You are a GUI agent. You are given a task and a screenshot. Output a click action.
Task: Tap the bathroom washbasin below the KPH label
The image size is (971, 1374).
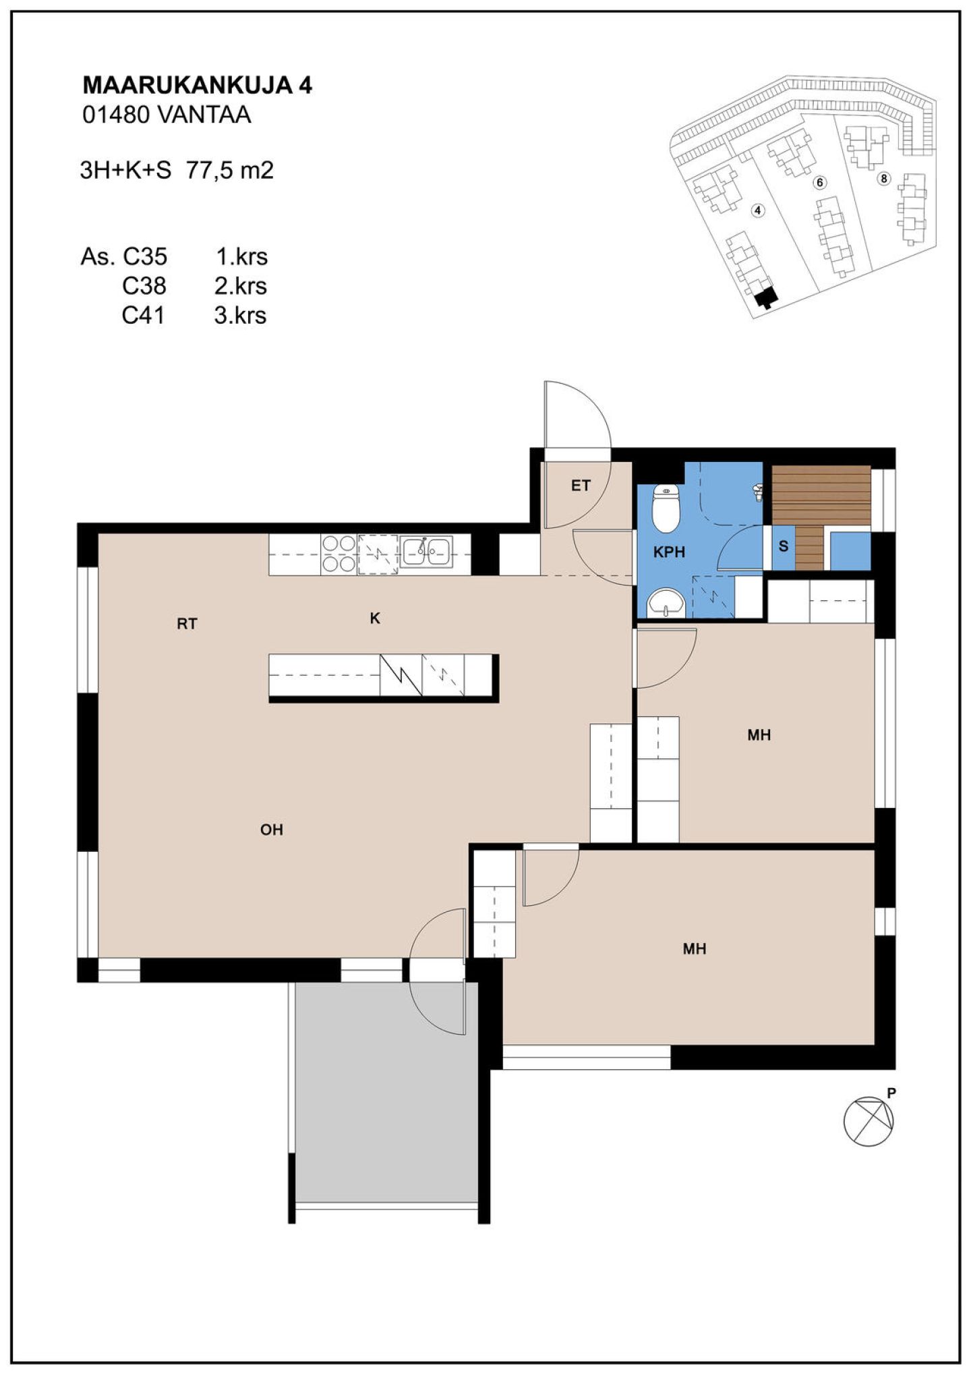[x=666, y=602]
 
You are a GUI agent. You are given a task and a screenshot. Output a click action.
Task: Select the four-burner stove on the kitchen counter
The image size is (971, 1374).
[x=339, y=554]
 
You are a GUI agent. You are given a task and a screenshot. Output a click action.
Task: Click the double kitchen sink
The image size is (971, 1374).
[x=425, y=552]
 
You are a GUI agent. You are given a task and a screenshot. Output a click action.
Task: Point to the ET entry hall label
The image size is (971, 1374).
[x=581, y=486]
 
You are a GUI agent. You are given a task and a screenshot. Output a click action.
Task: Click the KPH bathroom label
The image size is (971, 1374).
[x=669, y=552]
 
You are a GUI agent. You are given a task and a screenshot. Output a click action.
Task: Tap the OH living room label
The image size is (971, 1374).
[x=271, y=830]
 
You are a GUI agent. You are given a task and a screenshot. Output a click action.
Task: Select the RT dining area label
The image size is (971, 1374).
[x=187, y=625]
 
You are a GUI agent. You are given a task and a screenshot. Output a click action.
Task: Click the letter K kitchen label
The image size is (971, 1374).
[x=375, y=619]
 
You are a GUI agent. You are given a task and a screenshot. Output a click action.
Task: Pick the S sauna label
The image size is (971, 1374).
[x=783, y=546]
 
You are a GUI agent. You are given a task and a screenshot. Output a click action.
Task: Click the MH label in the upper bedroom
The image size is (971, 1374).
[x=759, y=735]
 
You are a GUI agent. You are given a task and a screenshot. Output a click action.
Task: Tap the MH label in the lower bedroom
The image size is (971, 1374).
[x=695, y=949]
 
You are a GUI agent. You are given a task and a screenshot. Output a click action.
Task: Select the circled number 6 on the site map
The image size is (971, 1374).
[x=820, y=183]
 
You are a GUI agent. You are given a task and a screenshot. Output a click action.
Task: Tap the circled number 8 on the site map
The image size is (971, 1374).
[x=884, y=179]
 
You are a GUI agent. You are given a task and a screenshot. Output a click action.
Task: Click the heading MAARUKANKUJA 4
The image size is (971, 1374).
[x=197, y=86]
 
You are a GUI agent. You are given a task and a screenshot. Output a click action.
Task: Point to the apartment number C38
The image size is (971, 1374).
[x=144, y=287]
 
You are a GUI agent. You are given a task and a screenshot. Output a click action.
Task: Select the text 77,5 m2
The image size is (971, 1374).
[x=229, y=171]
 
